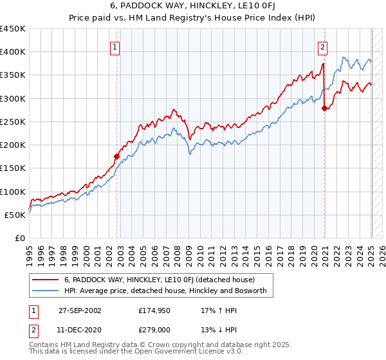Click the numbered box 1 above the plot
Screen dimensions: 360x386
(115, 46)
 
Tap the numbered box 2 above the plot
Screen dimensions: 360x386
(322, 46)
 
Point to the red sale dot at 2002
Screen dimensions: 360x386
(117, 156)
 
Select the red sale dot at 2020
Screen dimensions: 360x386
(324, 108)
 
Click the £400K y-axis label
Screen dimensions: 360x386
(13, 52)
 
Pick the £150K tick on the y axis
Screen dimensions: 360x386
(13, 168)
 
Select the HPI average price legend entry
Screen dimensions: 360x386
(169, 291)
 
